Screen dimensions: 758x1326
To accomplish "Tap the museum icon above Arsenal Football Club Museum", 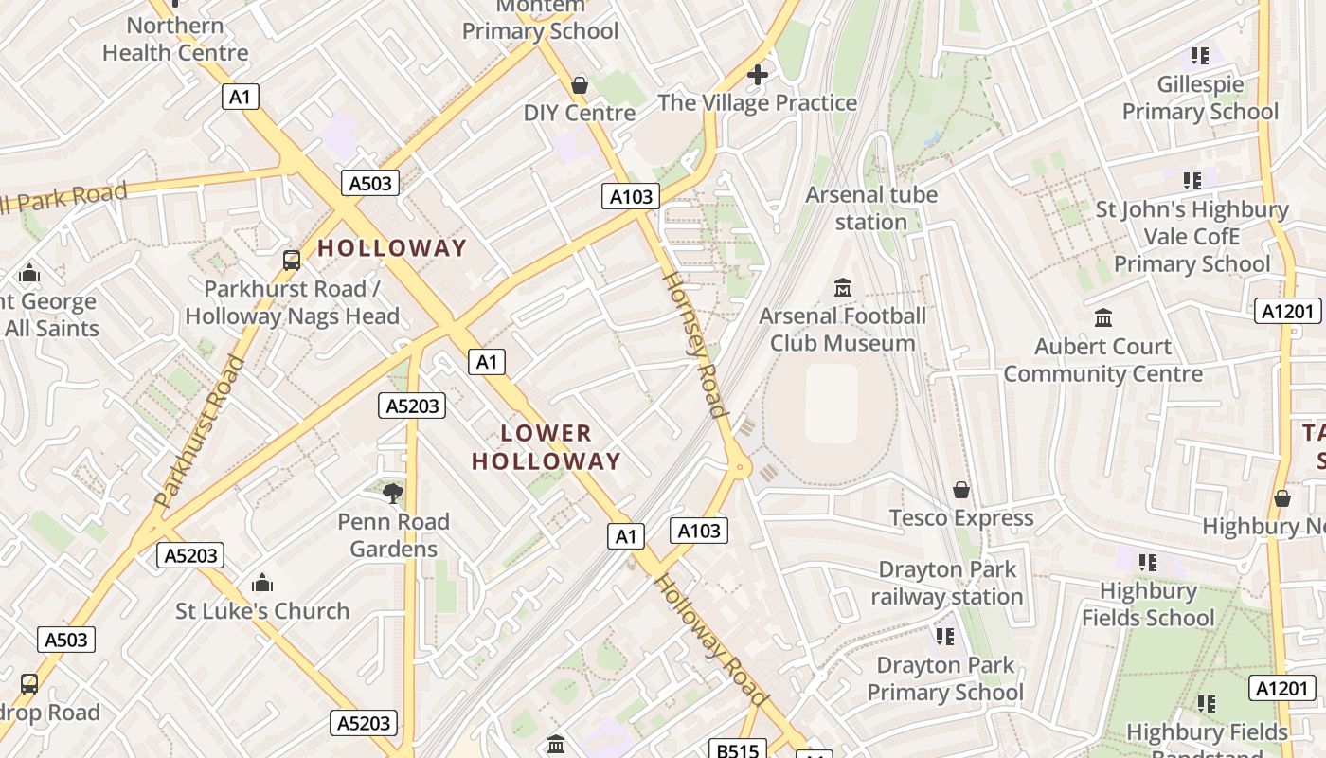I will [842, 286].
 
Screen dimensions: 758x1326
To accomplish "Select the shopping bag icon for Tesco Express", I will [961, 490].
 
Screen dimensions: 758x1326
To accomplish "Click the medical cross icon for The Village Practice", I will [757, 74].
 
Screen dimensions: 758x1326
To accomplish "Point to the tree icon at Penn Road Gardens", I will [393, 492].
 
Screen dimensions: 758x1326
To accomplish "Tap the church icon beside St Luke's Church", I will [262, 582].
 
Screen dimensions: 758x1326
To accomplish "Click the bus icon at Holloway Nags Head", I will [292, 260].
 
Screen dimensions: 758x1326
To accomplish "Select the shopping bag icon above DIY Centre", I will [580, 85].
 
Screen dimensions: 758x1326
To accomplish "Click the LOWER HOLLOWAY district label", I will [547, 447].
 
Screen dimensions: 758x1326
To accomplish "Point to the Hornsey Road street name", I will [693, 345].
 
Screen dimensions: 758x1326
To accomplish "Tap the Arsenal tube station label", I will [871, 208].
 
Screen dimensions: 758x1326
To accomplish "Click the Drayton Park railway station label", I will [946, 584].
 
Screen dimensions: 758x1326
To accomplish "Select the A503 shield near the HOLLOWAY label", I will [370, 183].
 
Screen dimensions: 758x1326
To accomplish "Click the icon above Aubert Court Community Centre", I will [1103, 318].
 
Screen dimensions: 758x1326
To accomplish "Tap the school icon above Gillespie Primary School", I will [1200, 56].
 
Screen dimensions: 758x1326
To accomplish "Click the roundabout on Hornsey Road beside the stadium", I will [739, 465].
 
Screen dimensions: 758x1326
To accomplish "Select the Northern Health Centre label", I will [175, 39].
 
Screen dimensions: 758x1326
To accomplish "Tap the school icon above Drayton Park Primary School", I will [944, 637].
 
